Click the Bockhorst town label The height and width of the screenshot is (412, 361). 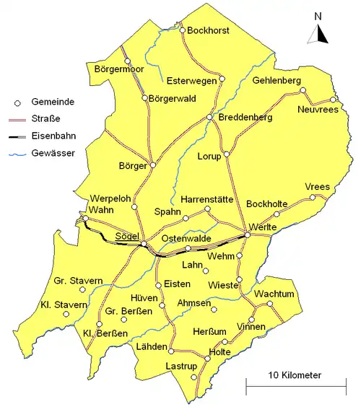click(208, 31)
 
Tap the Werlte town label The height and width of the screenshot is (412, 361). click(262, 228)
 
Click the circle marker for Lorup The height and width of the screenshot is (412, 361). click(227, 154)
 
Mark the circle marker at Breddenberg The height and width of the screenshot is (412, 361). click(209, 118)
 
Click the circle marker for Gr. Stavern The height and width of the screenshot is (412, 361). click(82, 290)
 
